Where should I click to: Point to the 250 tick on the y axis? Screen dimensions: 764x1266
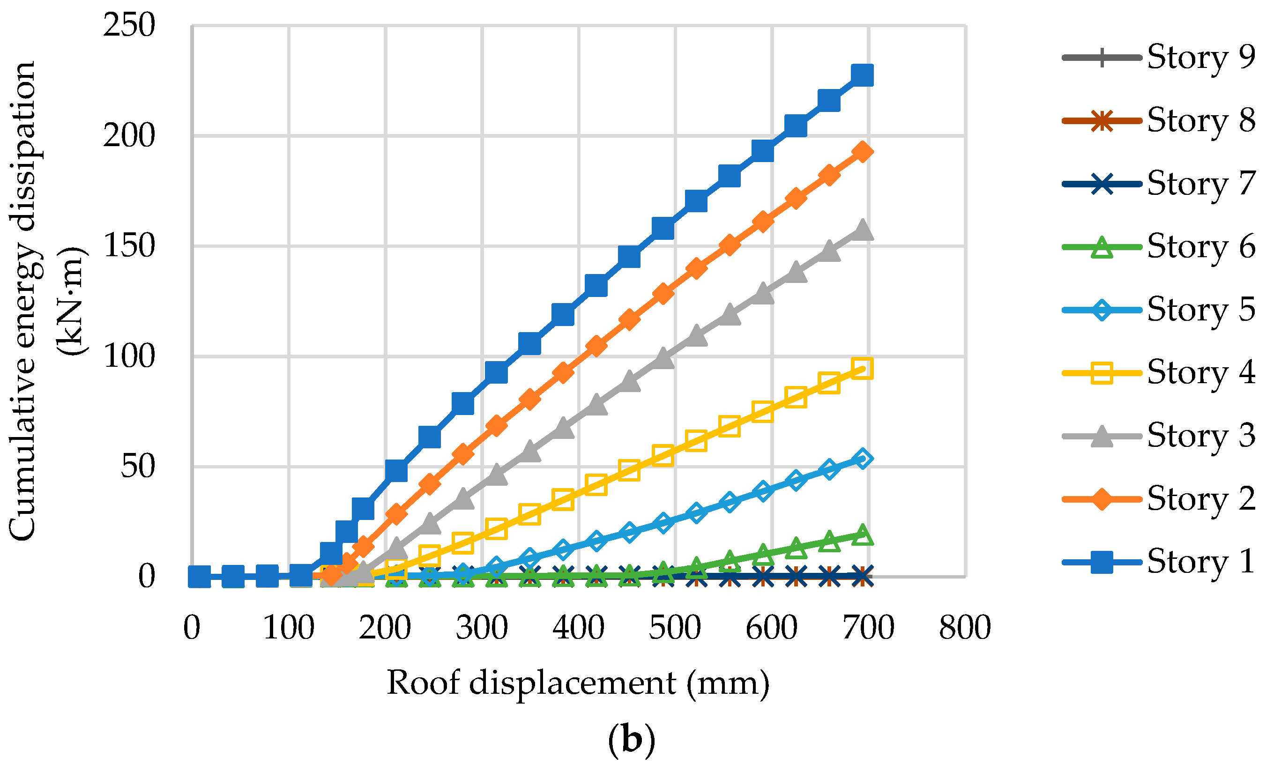129,25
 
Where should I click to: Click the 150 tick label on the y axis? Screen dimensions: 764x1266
129,245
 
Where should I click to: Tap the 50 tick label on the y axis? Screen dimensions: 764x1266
137,467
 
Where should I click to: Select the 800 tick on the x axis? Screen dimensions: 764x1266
965,628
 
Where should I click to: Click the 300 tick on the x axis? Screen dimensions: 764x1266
482,628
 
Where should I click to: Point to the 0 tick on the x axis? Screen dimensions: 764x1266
192,628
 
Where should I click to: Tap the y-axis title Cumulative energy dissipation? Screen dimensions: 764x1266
23,301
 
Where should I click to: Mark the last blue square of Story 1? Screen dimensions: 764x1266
862,75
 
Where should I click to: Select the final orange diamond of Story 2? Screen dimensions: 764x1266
862,152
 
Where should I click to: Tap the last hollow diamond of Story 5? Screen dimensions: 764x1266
862,458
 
